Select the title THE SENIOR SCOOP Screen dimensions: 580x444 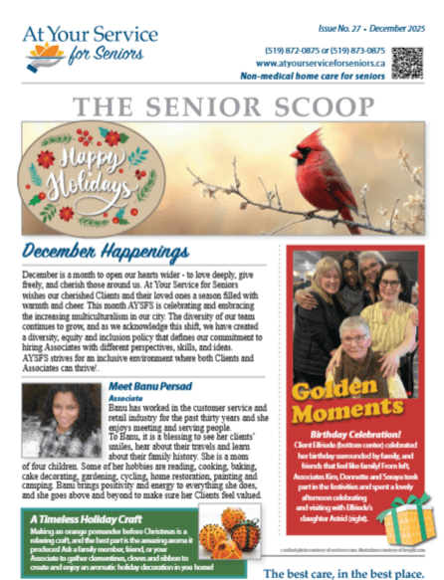click(221, 104)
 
